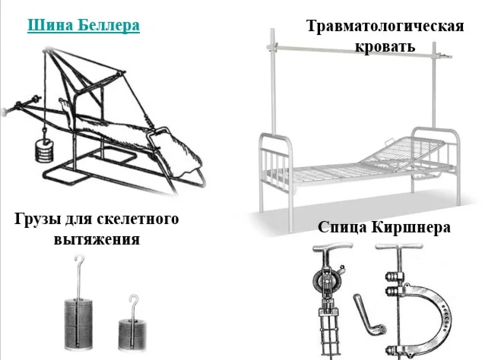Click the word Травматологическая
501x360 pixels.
[385, 27]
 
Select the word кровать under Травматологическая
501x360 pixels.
[385, 46]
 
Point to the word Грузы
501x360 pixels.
[38, 220]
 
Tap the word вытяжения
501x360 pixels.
[96, 239]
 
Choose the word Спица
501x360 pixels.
[345, 227]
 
